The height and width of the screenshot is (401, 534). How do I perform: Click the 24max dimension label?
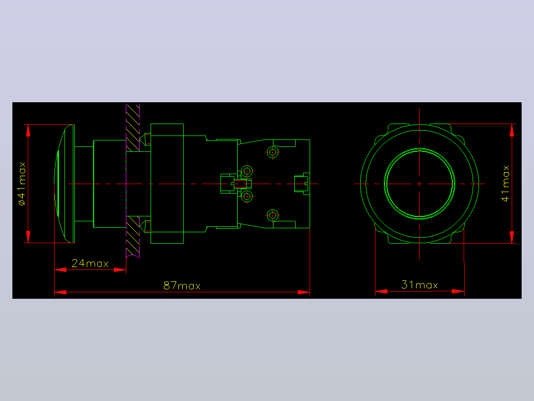point(90,263)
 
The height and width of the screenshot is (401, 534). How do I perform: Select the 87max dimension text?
point(182,285)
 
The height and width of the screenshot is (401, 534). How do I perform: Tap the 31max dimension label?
point(420,285)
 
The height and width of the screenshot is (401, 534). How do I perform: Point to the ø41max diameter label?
point(22,184)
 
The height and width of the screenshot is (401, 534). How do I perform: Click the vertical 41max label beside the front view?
point(505,184)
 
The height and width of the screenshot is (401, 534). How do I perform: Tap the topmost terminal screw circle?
point(272,152)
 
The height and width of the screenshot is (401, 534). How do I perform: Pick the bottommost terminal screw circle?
point(272,215)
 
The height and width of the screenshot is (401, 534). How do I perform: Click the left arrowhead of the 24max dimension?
point(60,269)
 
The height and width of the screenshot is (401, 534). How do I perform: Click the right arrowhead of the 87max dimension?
point(304,292)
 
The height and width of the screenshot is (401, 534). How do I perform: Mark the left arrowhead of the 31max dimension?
point(381,291)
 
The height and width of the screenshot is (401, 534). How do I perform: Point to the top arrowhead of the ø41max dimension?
point(28,131)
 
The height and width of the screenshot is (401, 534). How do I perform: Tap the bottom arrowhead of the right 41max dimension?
point(512,237)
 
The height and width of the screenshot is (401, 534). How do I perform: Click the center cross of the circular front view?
point(419,184)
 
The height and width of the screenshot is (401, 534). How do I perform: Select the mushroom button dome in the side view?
point(64,184)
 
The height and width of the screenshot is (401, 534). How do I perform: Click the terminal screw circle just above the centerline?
point(247,171)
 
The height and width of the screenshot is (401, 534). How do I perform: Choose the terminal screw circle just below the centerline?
point(247,196)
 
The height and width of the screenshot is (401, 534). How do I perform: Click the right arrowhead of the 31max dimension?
point(458,291)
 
